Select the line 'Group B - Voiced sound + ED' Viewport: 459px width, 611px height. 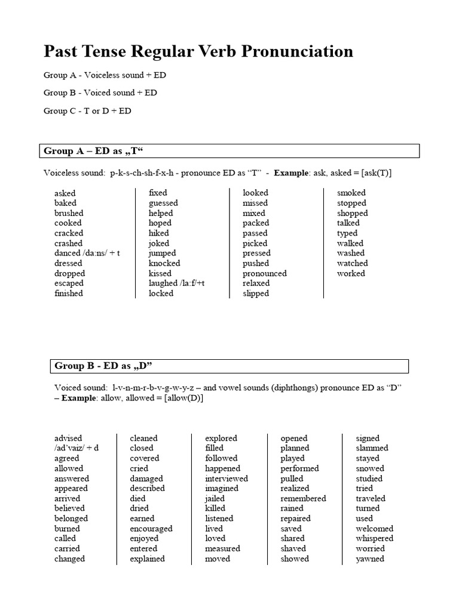click(x=100, y=93)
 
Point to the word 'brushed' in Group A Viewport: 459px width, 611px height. click(x=69, y=213)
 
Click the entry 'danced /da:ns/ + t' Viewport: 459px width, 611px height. click(x=87, y=253)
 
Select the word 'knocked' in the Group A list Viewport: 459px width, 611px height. click(x=164, y=263)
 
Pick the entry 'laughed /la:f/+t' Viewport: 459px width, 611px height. click(x=178, y=283)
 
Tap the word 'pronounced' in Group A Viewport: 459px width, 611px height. click(x=265, y=273)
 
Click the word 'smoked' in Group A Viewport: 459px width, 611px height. click(x=351, y=193)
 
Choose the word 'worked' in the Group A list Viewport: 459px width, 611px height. click(x=351, y=273)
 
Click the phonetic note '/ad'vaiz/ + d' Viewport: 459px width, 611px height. click(x=76, y=448)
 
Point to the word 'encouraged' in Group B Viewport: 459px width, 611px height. click(x=151, y=529)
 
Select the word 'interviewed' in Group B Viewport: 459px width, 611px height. click(x=227, y=479)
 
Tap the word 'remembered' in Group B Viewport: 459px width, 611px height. click(x=304, y=498)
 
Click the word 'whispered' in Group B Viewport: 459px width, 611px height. click(x=375, y=538)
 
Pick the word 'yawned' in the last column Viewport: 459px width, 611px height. click(x=370, y=558)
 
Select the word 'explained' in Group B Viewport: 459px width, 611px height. click(x=148, y=558)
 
